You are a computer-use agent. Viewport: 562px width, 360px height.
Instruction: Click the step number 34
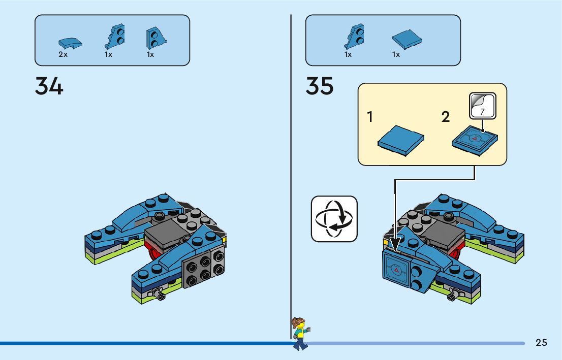click(x=49, y=86)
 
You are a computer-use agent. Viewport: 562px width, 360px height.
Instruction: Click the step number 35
click(x=320, y=86)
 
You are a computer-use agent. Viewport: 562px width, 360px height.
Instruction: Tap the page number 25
click(x=541, y=343)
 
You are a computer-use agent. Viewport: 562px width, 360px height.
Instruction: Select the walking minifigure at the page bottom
click(x=299, y=333)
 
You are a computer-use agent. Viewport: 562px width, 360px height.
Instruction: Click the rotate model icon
click(x=334, y=219)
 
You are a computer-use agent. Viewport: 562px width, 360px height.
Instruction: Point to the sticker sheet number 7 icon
click(x=482, y=106)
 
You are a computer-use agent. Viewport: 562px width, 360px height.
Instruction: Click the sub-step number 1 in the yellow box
click(x=370, y=117)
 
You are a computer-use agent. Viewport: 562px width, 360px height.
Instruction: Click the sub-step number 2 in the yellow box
click(x=446, y=117)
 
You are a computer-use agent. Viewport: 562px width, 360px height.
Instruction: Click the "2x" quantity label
click(x=63, y=54)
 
